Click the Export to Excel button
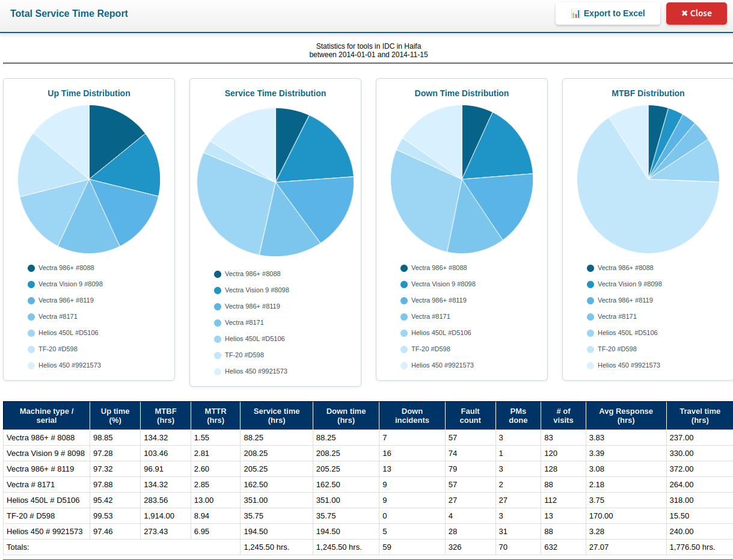[607, 13]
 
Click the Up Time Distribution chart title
[89, 93]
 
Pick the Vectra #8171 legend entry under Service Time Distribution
[244, 322]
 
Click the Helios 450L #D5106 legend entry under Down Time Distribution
[440, 333]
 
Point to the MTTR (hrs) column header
[215, 416]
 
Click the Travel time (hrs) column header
[699, 416]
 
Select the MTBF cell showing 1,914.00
[159, 515]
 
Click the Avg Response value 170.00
[601, 515]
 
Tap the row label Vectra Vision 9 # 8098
[46, 453]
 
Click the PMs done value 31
[503, 531]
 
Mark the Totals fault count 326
[455, 547]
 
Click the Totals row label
[18, 547]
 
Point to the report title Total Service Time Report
[69, 13]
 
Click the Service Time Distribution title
[275, 93]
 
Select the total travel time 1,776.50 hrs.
[692, 547]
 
